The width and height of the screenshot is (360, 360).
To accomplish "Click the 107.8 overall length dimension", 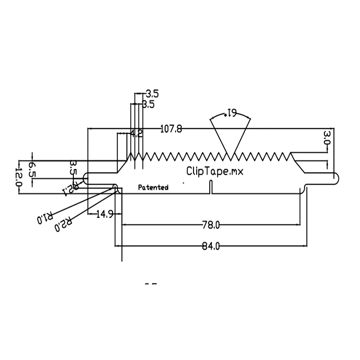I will click(171, 129).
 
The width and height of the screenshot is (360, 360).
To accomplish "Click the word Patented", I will click(153, 188).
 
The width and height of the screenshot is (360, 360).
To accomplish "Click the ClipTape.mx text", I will click(215, 171).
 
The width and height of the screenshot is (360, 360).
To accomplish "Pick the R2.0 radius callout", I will click(64, 225).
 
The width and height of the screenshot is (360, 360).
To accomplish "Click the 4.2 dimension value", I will click(136, 133).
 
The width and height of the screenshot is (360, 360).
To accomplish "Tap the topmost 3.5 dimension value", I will click(152, 94).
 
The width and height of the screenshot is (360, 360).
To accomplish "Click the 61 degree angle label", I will click(231, 113).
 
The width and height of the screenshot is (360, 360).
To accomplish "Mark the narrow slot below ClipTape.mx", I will click(211, 187).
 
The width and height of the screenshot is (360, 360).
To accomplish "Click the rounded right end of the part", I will click(336, 179).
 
